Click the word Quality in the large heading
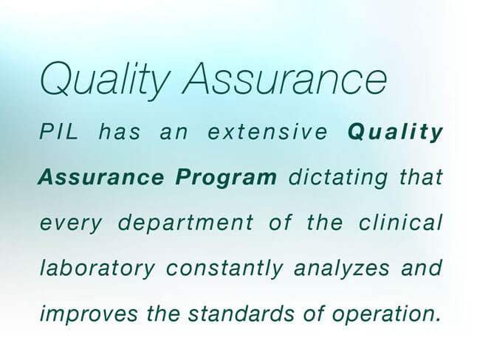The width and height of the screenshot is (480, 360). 105,81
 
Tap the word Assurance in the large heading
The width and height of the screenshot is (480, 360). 285,78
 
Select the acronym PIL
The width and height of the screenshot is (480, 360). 58,131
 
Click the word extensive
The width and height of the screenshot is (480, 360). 267,132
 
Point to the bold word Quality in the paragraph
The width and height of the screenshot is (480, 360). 396,133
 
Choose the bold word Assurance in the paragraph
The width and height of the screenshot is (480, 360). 100,177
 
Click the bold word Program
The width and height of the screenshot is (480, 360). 226,178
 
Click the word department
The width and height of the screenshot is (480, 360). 186,224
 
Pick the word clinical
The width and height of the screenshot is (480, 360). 400,222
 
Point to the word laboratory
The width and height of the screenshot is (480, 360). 97,269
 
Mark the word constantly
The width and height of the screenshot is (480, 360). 224,269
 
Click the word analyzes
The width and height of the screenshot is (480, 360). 342,269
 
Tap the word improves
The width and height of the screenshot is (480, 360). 89,315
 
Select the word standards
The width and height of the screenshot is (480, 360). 241,314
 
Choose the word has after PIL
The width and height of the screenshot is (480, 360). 120,132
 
